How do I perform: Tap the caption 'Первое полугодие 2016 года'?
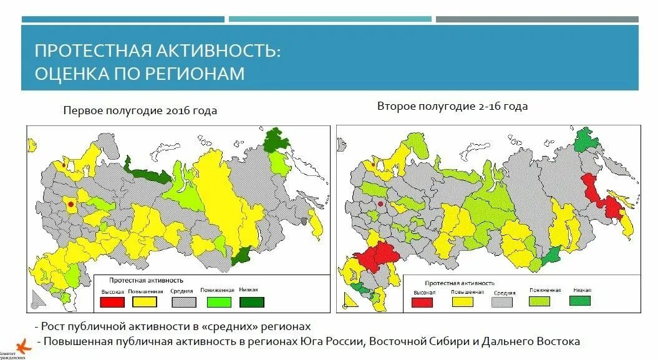coord(140,111)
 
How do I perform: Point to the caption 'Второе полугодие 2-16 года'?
coord(452,107)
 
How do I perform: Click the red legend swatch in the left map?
coord(112,302)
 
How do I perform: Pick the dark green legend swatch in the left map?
coord(251,302)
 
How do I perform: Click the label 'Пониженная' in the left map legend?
coord(217,291)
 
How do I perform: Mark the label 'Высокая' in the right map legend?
coord(423,292)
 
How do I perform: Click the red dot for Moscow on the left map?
coord(70,203)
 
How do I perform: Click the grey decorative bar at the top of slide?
coord(536,19)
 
